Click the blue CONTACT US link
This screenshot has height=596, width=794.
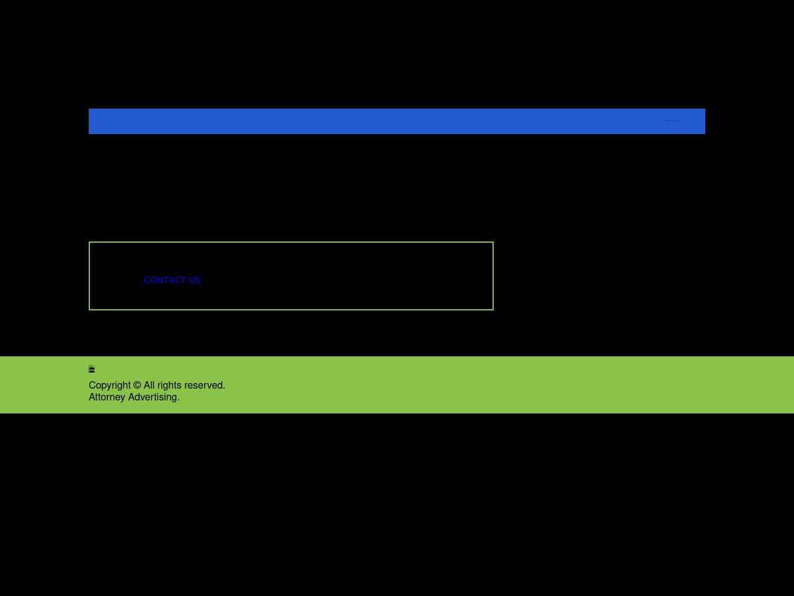172,280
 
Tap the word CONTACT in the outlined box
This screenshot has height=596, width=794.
165,280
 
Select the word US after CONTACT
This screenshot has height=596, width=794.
195,280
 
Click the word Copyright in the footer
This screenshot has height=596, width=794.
110,386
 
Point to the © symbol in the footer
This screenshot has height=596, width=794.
137,386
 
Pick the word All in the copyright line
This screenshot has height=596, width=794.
149,386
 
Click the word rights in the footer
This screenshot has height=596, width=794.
169,386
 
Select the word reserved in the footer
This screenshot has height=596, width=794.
203,386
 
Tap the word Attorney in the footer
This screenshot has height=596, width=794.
107,398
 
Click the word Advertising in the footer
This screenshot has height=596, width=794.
153,398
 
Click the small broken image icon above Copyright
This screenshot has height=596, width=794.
92,369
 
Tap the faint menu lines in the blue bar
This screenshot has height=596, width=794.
672,121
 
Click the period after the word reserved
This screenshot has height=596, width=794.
223,389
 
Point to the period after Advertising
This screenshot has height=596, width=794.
178,400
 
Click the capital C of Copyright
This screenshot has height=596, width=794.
92,386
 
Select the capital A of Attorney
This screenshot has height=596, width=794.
92,397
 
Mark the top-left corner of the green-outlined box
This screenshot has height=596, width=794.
89,242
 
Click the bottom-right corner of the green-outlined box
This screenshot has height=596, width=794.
493,310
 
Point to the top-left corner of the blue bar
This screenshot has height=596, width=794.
89,109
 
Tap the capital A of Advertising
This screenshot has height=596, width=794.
132,397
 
